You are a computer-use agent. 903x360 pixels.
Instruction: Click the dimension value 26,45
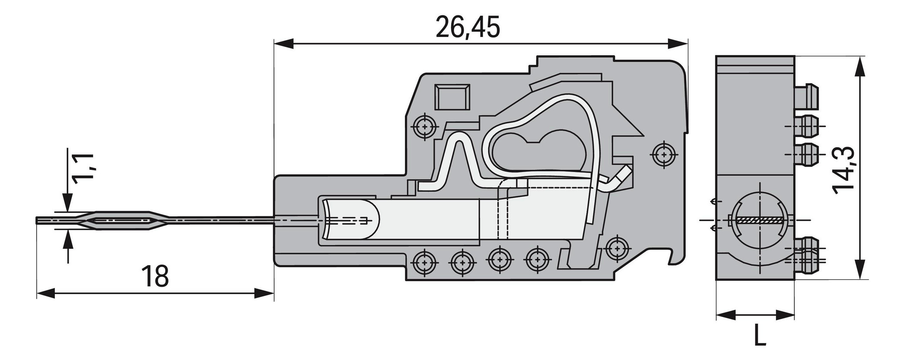[468, 28]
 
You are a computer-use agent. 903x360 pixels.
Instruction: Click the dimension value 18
[155, 276]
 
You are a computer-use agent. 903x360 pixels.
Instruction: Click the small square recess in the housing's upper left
[452, 98]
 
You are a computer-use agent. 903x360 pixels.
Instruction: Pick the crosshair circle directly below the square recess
[424, 128]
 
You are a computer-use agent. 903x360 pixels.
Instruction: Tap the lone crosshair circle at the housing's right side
[664, 154]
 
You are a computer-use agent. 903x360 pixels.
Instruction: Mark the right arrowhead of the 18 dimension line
[264, 293]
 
